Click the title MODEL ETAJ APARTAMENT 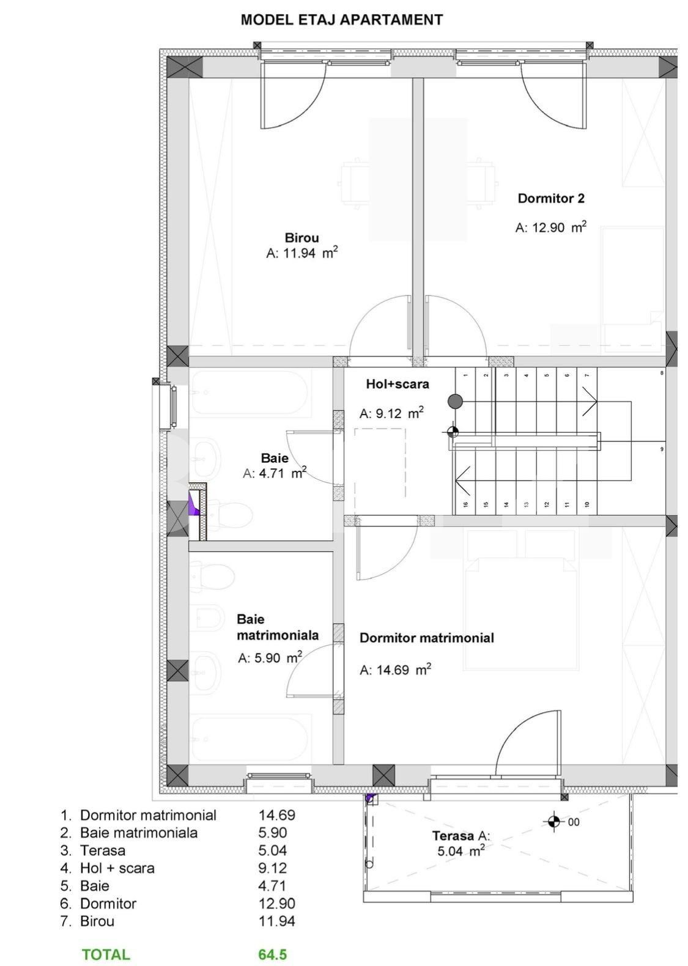[x=341, y=20]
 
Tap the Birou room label [x=301, y=238]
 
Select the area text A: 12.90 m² [x=550, y=227]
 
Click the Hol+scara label [x=397, y=384]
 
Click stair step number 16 [x=465, y=504]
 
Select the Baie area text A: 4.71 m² [x=274, y=473]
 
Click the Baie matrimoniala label [x=277, y=627]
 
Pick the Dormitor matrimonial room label [x=426, y=638]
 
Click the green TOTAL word [x=106, y=954]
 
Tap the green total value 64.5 [x=272, y=954]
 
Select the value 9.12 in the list [x=272, y=868]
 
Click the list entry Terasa [x=102, y=850]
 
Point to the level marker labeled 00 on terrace [x=554, y=822]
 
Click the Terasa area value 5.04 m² [x=461, y=850]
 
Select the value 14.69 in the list [x=276, y=815]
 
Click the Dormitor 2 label [x=550, y=198]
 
